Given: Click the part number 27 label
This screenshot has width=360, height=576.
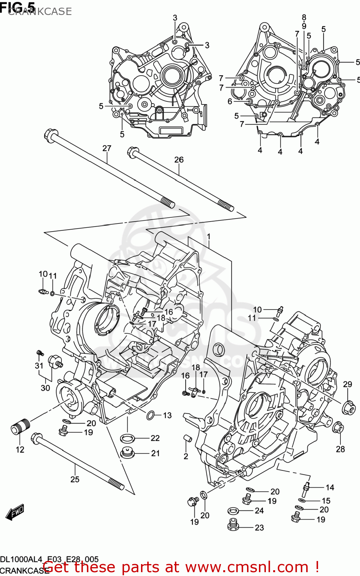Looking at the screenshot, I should [x=106, y=148].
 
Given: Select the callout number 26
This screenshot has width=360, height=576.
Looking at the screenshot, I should [x=179, y=159].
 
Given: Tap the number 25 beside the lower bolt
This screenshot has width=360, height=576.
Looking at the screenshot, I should [x=75, y=479].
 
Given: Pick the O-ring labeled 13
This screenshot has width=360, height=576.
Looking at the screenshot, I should [x=151, y=415].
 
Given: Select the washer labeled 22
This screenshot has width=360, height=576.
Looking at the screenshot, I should [x=127, y=438].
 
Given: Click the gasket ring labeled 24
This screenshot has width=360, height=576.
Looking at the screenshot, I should [x=233, y=511].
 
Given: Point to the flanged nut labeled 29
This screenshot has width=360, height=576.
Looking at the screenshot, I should [x=348, y=407].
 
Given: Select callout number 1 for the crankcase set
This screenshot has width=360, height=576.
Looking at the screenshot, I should [x=209, y=237].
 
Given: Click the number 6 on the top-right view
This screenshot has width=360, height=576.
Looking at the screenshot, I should [x=230, y=101].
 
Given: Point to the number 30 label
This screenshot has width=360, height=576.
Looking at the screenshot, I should [x=45, y=388].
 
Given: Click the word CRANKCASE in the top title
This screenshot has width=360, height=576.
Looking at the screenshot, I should [x=40, y=12].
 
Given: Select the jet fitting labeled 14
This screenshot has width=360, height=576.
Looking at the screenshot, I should [x=306, y=487].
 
